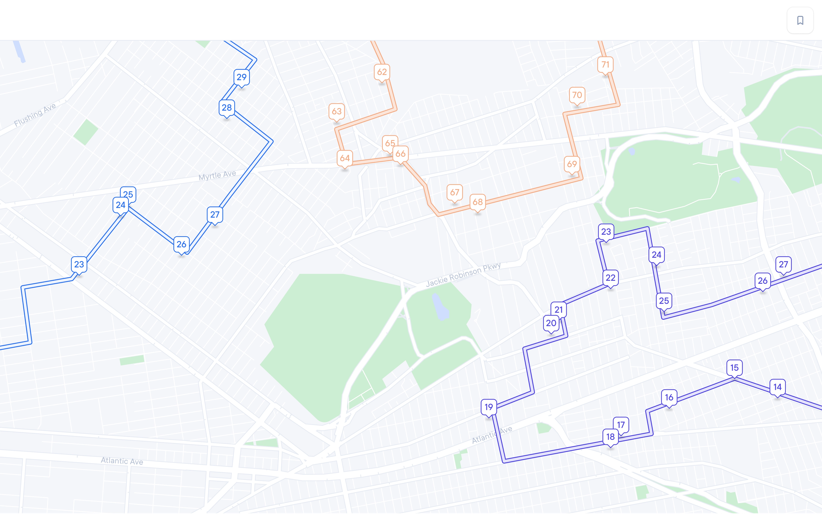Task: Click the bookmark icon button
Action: (800, 20)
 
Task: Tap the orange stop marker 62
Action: (382, 72)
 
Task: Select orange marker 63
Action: (337, 111)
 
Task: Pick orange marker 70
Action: (577, 95)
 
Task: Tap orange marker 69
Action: (572, 164)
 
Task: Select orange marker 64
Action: (345, 158)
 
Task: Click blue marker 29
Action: (241, 77)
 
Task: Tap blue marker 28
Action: (226, 108)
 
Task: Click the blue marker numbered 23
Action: (79, 264)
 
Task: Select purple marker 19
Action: (488, 407)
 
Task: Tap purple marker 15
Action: (734, 367)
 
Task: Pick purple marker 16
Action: (669, 397)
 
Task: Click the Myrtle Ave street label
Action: (217, 175)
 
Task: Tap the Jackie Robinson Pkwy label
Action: (463, 275)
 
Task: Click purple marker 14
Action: (777, 387)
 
